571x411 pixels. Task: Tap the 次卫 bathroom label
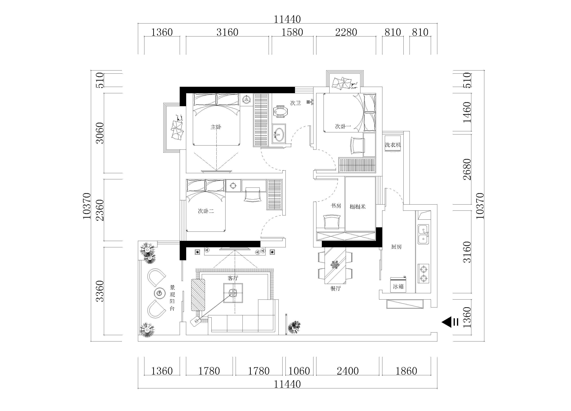[295, 103]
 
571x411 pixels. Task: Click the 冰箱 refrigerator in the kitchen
[398, 285]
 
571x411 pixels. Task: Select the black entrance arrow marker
[447, 322]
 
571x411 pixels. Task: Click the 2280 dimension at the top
[346, 32]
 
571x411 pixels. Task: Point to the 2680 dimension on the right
[467, 169]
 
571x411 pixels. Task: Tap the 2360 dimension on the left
[100, 210]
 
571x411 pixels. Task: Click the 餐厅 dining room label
[335, 288]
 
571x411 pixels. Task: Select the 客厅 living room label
[233, 278]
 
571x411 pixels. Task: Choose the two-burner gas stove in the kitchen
[423, 274]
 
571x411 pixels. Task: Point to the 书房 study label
[336, 206]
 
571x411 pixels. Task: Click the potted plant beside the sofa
[294, 328]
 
